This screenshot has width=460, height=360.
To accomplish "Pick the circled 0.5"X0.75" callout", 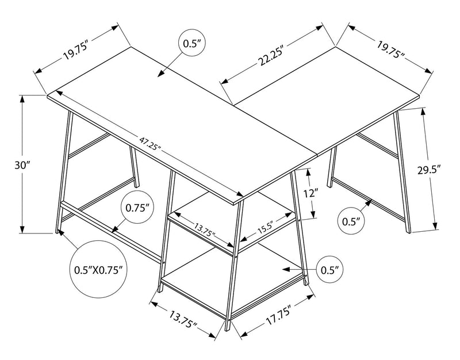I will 99,270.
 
